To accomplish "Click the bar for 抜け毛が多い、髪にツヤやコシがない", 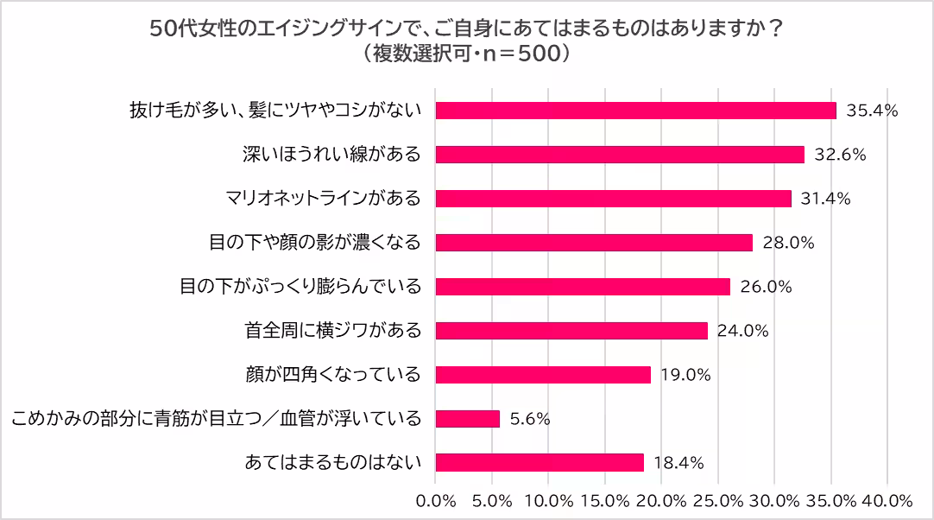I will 636,111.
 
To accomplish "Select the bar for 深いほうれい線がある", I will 620,155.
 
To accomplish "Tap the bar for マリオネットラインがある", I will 613,199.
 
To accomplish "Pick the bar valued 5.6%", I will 468,419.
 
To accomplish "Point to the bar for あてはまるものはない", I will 540,463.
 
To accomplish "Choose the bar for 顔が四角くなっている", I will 543,375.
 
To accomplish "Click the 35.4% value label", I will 872,111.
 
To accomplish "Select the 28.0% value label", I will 788,243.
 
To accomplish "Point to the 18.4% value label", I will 678,463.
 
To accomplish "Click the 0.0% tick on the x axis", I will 436,501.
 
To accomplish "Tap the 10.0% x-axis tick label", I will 549,501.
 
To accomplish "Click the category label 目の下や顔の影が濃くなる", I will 315,243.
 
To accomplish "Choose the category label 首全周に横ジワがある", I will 332,331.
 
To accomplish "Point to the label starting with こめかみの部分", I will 217,419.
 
